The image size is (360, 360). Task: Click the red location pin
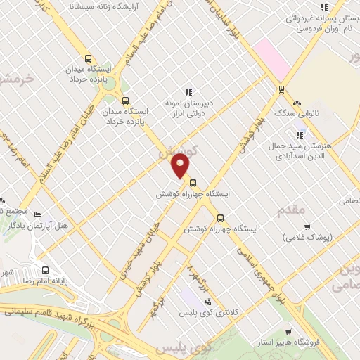(181, 167)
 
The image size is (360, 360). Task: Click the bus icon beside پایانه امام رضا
(46, 270)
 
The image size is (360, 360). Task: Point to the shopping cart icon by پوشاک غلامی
(307, 226)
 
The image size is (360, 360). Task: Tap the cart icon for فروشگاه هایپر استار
(288, 331)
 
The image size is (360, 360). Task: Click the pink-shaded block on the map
(273, 58)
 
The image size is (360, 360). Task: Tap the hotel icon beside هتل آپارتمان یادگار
(37, 214)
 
